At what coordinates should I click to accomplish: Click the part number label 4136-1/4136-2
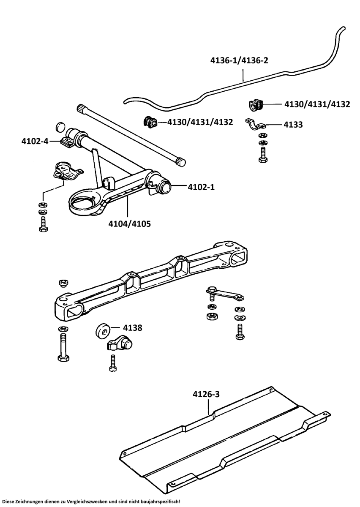[x=239, y=60]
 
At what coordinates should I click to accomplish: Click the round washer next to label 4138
[x=103, y=331]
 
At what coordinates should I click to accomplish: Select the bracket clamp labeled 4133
[x=255, y=125]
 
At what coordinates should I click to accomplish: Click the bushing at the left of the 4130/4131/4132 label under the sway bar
[x=149, y=122]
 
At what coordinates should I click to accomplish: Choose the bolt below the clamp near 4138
[x=113, y=363]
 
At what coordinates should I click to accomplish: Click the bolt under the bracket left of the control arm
[x=43, y=223]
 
